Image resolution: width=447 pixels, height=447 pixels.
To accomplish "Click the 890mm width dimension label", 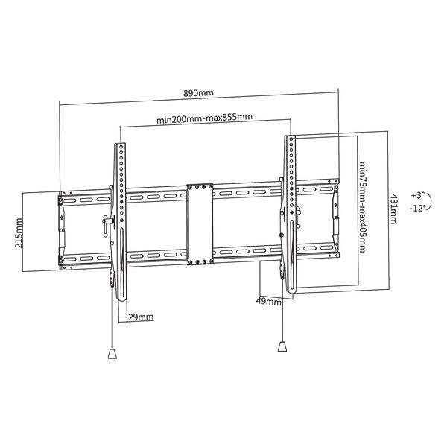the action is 198,93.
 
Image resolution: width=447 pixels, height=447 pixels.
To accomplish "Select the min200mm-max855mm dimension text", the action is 204,118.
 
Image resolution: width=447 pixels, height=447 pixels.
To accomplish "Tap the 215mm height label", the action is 19,233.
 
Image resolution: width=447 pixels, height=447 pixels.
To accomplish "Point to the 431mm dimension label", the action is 393,209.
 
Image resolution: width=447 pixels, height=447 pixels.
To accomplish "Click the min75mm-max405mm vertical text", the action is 362,207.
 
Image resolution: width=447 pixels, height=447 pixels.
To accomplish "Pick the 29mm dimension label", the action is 141,317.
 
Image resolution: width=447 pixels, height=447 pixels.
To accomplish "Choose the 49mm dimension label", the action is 268,301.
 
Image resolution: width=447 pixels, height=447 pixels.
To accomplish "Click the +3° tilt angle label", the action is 418,195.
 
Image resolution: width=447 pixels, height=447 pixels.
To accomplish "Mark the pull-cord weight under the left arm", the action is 112,353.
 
